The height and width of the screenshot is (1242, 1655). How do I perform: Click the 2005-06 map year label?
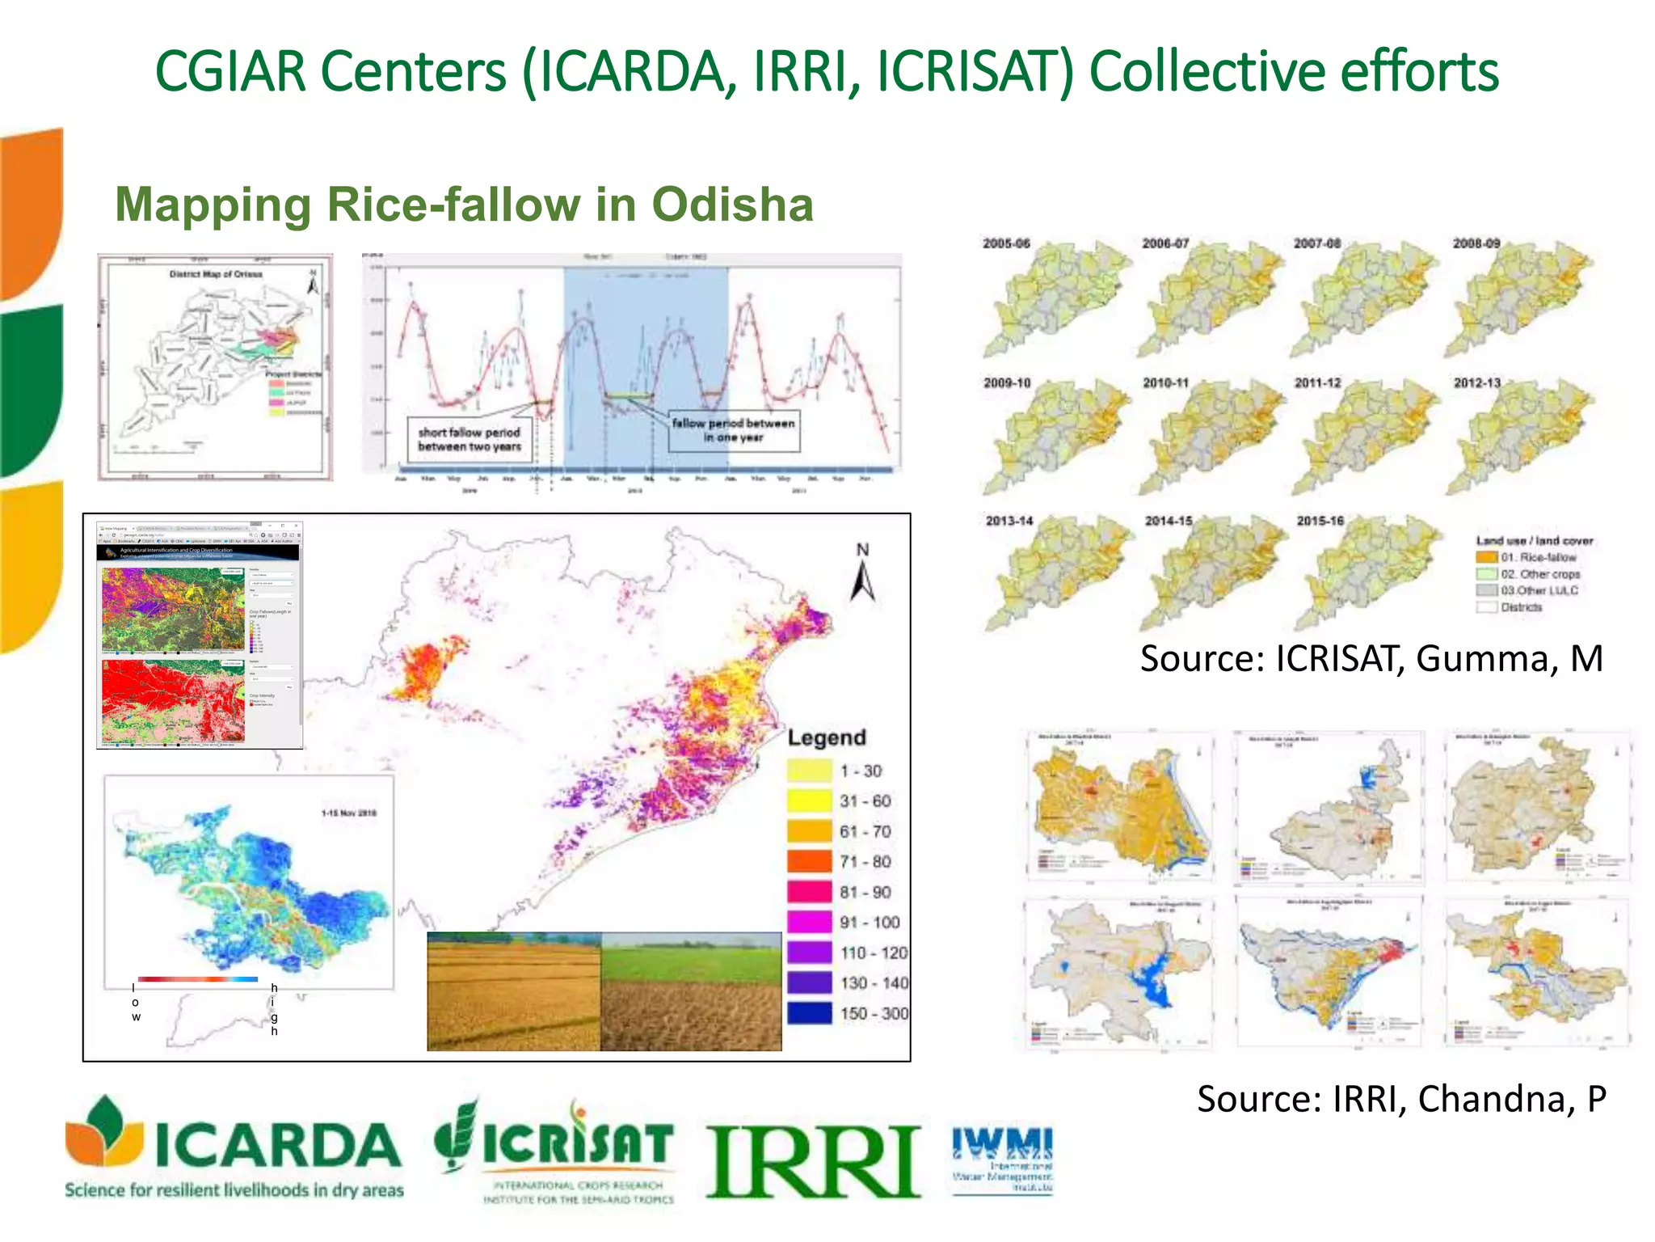(1006, 243)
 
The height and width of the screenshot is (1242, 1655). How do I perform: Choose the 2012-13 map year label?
(1477, 383)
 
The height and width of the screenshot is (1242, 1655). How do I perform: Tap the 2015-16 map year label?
(1320, 521)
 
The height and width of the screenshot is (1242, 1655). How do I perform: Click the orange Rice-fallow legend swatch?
(1487, 557)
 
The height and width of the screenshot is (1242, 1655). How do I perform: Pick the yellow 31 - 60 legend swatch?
(810, 801)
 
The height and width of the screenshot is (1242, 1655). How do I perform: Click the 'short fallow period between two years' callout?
(470, 439)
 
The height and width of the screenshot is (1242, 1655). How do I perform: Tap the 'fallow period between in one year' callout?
(734, 430)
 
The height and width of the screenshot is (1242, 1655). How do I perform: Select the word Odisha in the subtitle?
(732, 205)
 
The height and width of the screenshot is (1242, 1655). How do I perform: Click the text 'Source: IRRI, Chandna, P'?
(1401, 1099)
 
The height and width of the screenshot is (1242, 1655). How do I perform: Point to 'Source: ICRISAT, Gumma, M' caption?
(1371, 659)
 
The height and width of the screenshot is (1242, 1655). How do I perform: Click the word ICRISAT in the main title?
(975, 72)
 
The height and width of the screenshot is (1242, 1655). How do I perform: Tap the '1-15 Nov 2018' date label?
(349, 813)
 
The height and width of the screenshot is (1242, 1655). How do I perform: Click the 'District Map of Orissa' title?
(216, 274)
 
